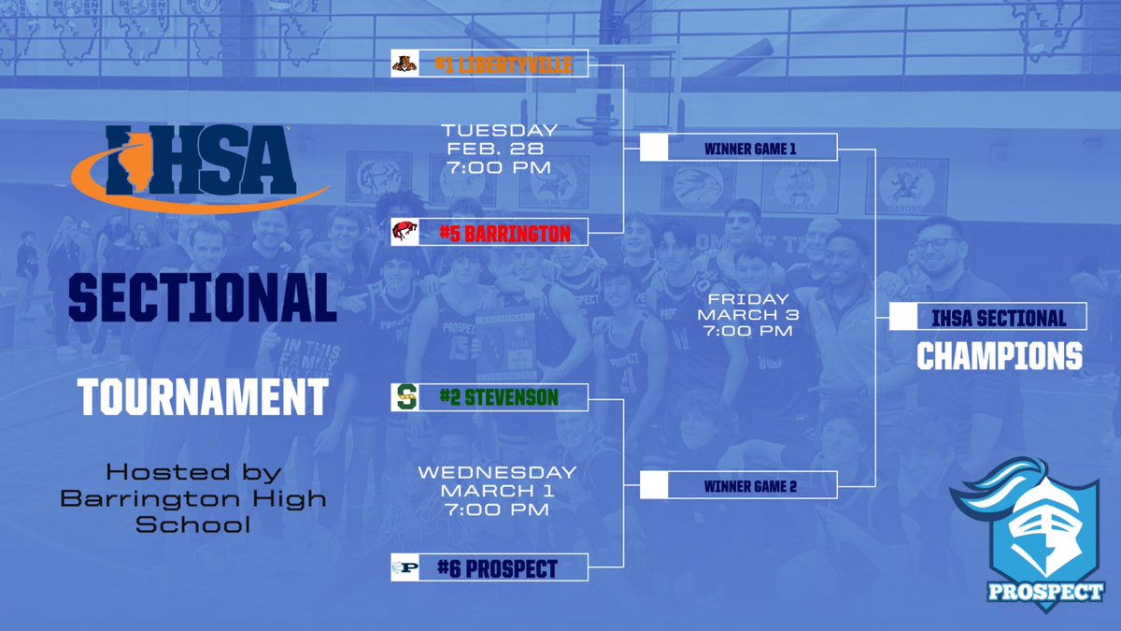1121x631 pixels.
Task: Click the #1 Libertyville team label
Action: [x=502, y=65]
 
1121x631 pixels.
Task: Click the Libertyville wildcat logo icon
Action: [x=404, y=64]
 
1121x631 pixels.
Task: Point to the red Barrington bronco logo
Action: [x=404, y=232]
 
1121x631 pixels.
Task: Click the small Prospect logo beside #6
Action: [x=404, y=568]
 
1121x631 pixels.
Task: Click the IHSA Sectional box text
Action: [x=998, y=318]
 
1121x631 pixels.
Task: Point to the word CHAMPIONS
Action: [x=999, y=356]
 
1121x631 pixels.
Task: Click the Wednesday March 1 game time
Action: [x=496, y=490]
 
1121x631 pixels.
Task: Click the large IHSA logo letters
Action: [x=201, y=165]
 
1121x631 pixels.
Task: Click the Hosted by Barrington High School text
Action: [x=193, y=497]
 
